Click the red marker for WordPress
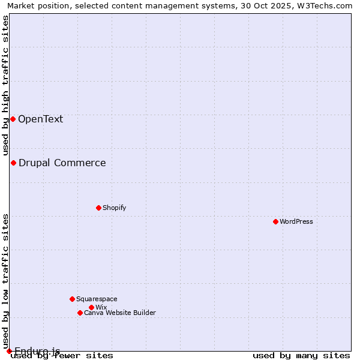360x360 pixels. tap(275, 221)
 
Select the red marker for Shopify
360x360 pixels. tap(98, 208)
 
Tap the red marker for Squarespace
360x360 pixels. tap(72, 299)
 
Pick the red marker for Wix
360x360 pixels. tap(91, 307)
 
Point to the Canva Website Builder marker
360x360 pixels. tap(80, 313)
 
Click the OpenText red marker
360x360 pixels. tap(13, 119)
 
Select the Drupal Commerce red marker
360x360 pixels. tap(13, 163)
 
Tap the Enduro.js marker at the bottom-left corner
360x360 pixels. tap(9, 351)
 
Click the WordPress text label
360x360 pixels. tap(296, 221)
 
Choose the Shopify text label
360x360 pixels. tap(114, 208)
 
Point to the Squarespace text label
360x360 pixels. tap(97, 299)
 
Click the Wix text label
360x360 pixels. tap(101, 307)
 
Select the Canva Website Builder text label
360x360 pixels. tap(120, 313)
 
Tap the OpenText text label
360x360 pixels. tap(40, 119)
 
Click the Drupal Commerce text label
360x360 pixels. tap(62, 163)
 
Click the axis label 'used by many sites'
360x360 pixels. tap(301, 355)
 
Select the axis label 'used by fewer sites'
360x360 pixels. tap(62, 355)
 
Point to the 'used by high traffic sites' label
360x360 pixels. tap(5, 84)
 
